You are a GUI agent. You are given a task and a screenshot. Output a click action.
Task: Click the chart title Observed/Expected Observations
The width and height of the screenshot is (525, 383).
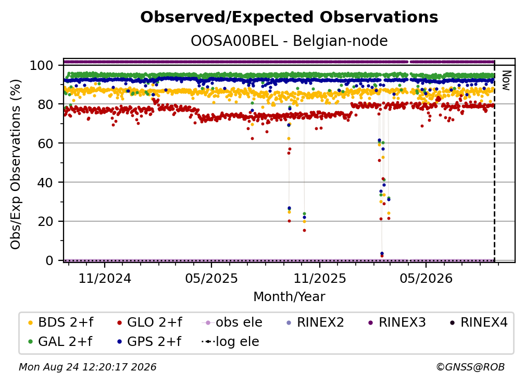289,17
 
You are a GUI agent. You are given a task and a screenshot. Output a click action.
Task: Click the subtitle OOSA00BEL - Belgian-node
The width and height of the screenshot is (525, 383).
289,41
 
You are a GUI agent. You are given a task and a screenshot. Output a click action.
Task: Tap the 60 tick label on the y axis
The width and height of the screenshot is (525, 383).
46,143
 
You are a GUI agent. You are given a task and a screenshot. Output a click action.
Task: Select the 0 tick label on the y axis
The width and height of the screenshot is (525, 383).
49,260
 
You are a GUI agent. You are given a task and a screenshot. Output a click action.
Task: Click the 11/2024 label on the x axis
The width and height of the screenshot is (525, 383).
105,278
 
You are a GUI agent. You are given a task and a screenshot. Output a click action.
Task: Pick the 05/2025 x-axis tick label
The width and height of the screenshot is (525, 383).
211,278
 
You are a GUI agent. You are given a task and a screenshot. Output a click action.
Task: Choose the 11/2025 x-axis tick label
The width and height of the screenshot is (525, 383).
320,278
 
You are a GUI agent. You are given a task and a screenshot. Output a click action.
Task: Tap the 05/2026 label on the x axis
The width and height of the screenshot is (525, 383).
426,278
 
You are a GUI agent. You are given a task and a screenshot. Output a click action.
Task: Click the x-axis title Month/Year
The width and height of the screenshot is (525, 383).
289,296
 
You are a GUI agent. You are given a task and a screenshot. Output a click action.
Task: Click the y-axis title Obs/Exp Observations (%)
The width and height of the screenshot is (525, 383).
16,164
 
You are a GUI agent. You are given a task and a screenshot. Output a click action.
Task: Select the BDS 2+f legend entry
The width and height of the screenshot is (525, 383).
60,322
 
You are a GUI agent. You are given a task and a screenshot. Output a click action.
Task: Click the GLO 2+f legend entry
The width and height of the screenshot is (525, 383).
149,322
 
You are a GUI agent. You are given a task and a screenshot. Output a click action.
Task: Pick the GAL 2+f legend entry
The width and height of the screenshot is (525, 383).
60,341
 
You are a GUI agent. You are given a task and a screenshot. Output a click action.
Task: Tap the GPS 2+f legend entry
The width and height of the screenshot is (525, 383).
149,341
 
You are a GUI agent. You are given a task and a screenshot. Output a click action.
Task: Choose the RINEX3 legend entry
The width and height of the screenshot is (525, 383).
397,322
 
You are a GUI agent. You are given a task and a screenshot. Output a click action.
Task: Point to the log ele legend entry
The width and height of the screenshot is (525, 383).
230,341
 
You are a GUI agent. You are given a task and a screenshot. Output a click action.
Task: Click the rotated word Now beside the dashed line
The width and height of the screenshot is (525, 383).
506,80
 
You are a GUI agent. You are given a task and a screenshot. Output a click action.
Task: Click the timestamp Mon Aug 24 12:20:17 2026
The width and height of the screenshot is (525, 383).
87,367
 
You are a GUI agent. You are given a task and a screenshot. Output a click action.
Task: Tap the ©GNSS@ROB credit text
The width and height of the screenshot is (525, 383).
470,367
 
